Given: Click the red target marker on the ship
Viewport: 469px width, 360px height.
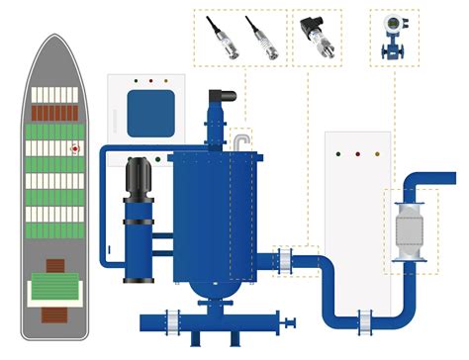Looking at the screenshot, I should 74,150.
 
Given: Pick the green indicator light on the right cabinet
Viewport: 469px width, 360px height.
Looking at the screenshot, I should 356,154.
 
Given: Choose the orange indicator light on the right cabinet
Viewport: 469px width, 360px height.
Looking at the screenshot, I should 374,154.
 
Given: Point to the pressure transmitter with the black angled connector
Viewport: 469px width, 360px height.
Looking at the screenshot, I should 318,36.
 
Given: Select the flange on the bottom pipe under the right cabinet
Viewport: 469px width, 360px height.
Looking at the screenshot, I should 361,318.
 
